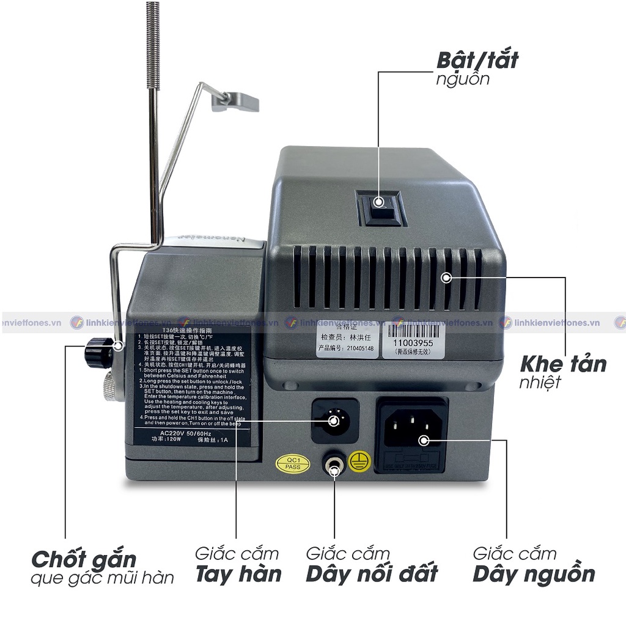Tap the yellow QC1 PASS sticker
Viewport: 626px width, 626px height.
point(289,463)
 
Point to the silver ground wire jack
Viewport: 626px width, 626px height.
point(334,467)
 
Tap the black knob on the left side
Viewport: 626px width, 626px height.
point(97,353)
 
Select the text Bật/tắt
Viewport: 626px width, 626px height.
point(477,61)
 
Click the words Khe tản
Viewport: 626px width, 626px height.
point(562,364)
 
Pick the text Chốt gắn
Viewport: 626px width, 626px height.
point(84,559)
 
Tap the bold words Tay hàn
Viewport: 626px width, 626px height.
point(238,574)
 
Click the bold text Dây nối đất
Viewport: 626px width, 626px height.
point(372,574)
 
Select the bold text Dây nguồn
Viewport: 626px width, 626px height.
point(534,574)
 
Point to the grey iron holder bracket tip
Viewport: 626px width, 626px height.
point(235,102)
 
